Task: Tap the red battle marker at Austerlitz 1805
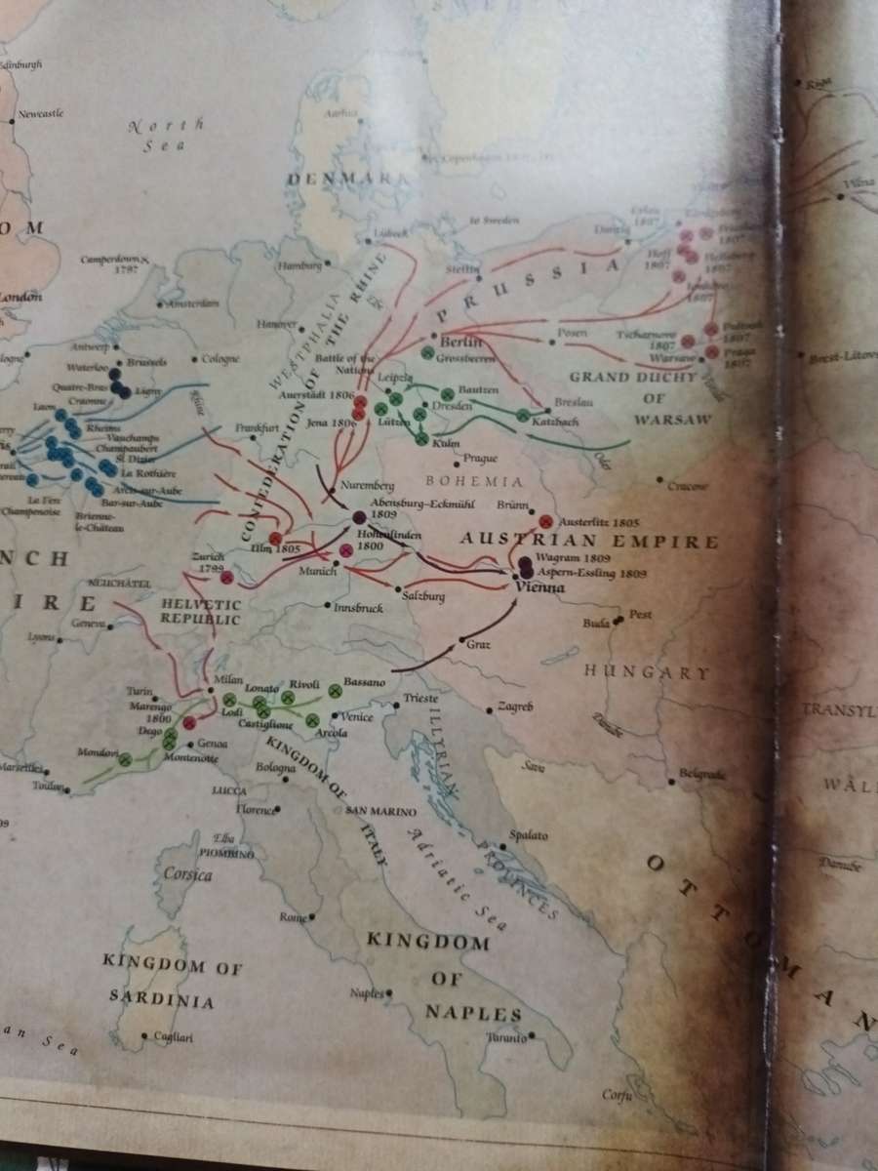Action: coord(545,522)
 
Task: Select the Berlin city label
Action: coord(456,342)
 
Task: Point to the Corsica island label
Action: coord(187,874)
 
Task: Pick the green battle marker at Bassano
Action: coord(335,690)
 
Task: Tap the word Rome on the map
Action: coord(292,917)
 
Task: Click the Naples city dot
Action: coord(388,992)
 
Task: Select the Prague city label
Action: coord(480,458)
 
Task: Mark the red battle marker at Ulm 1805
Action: coord(275,539)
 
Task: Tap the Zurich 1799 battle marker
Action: coord(226,578)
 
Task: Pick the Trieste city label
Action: coord(422,700)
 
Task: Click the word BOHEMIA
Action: coord(475,481)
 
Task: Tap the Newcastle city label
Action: coord(41,114)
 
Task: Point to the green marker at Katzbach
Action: coord(522,416)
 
